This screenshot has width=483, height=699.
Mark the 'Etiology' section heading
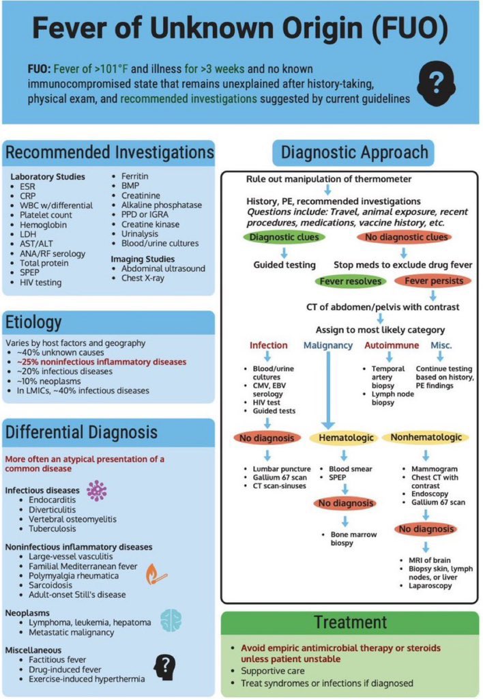tap(34, 322)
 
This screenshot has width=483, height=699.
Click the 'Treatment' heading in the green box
tap(350, 622)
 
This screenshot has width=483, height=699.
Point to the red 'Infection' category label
tap(268, 345)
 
